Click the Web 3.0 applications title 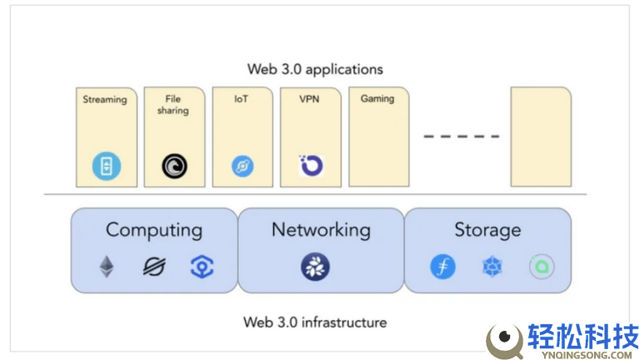click(315, 69)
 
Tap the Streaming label click(105, 100)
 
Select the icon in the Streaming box click(106, 166)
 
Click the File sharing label click(173, 105)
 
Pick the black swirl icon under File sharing click(175, 166)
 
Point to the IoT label click(241, 99)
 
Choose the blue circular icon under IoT click(242, 166)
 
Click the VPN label click(310, 99)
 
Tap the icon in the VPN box click(310, 165)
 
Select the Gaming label click(377, 99)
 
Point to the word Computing click(154, 230)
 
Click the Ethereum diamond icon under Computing click(107, 266)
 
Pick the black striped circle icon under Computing click(154, 266)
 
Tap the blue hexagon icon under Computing click(201, 266)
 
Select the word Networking click(320, 230)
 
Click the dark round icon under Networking click(315, 267)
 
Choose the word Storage click(488, 230)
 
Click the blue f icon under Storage click(443, 267)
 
